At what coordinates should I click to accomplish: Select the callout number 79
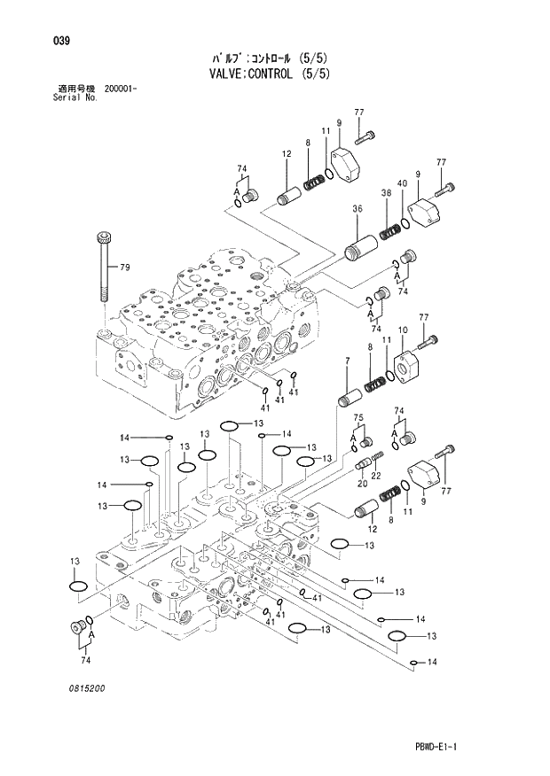point(125,268)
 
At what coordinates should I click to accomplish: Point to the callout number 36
point(357,209)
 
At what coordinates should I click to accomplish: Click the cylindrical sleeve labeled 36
point(362,242)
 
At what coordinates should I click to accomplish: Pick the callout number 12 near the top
point(287,154)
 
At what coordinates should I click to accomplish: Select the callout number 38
point(386,192)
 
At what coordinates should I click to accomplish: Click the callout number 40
point(402,183)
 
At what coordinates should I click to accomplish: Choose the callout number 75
point(358,417)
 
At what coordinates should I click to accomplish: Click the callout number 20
point(362,484)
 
